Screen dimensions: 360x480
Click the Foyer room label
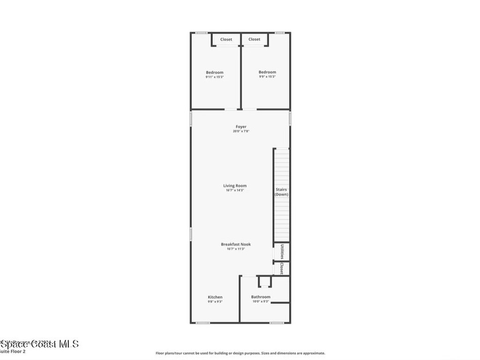tap(241, 127)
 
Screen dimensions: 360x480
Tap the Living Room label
tap(235, 186)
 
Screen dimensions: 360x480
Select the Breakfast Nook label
tap(236, 244)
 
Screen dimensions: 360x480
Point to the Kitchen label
tap(215, 297)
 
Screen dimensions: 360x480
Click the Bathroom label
tap(261, 297)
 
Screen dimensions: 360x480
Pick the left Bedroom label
tap(215, 73)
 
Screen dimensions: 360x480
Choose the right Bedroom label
tap(267, 72)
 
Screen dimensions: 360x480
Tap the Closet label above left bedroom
tap(226, 39)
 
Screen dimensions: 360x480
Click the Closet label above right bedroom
tap(255, 39)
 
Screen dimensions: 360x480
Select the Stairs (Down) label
tap(282, 192)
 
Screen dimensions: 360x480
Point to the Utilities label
tap(282, 251)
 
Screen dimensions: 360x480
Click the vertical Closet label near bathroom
tap(282, 268)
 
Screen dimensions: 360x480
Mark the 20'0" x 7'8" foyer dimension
tap(241, 132)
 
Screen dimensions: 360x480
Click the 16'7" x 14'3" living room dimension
tap(235, 190)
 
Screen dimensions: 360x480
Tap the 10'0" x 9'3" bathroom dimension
tap(261, 302)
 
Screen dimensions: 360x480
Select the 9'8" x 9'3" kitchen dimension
tap(215, 302)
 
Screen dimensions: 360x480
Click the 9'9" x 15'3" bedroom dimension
tap(267, 77)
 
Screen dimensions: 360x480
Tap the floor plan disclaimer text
tap(240, 353)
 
